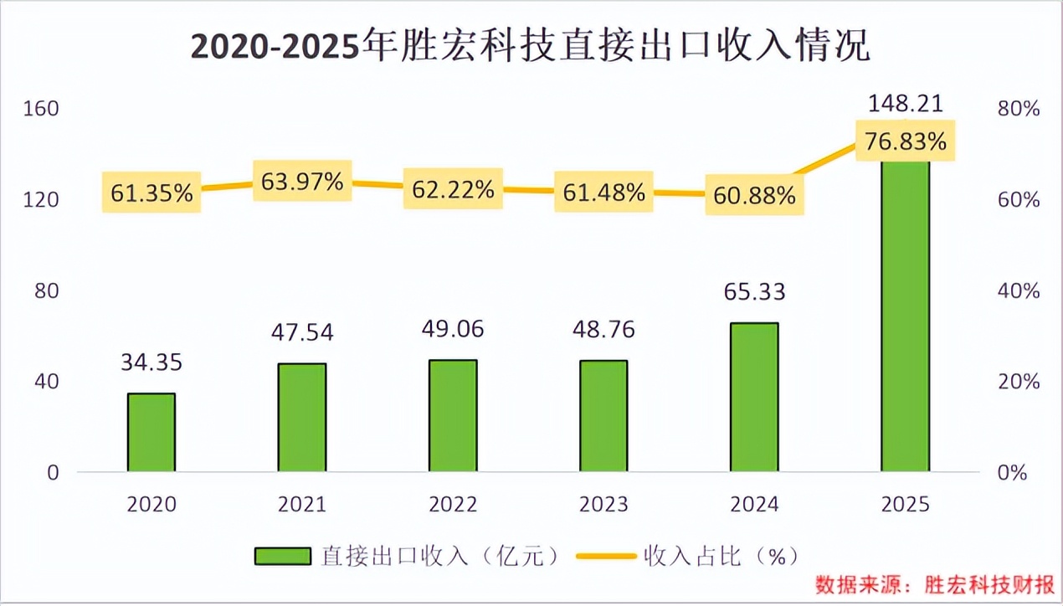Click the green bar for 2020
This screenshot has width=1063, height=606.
[x=151, y=432]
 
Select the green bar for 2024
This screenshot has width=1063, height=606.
[x=754, y=397]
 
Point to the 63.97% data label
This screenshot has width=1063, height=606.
[x=302, y=182]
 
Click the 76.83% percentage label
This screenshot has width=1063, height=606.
[x=905, y=141]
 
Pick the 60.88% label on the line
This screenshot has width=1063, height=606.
[x=754, y=197]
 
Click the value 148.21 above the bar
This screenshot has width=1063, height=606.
[x=905, y=104]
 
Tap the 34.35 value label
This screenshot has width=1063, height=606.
[x=151, y=363]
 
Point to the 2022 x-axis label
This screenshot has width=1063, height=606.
[x=453, y=505]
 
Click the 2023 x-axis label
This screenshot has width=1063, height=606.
[x=603, y=505]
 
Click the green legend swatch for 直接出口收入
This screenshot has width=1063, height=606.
[x=284, y=556]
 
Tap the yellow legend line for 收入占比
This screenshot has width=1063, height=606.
[x=609, y=556]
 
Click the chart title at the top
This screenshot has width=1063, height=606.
[x=531, y=47]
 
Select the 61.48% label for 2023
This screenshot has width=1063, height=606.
[x=603, y=193]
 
